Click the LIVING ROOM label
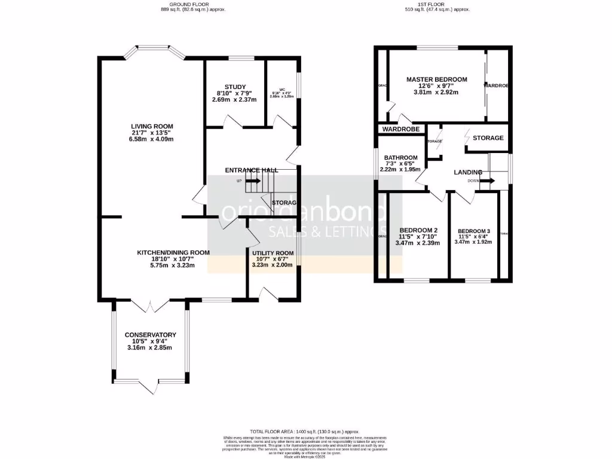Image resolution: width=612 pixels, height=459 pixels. pyautogui.click(x=152, y=126)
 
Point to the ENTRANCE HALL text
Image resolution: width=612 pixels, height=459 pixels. pyautogui.click(x=251, y=170)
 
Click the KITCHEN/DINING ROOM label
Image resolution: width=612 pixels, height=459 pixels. pyautogui.click(x=173, y=253)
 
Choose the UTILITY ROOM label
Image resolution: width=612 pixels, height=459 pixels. pyautogui.click(x=272, y=253)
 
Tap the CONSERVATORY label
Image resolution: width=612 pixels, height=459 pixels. pyautogui.click(x=150, y=335)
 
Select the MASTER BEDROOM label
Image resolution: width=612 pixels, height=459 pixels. pyautogui.click(x=436, y=79)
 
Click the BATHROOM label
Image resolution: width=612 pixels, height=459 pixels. pyautogui.click(x=400, y=158)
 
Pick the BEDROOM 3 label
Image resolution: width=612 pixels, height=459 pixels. pyautogui.click(x=473, y=231)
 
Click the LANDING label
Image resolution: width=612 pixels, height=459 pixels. pyautogui.click(x=467, y=172)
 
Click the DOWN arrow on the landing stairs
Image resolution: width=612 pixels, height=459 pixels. pyautogui.click(x=487, y=180)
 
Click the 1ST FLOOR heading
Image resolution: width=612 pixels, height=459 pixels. pyautogui.click(x=437, y=5)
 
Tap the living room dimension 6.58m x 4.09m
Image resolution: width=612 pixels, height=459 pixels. pyautogui.click(x=152, y=139)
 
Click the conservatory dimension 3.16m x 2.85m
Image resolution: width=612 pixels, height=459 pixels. pyautogui.click(x=150, y=348)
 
